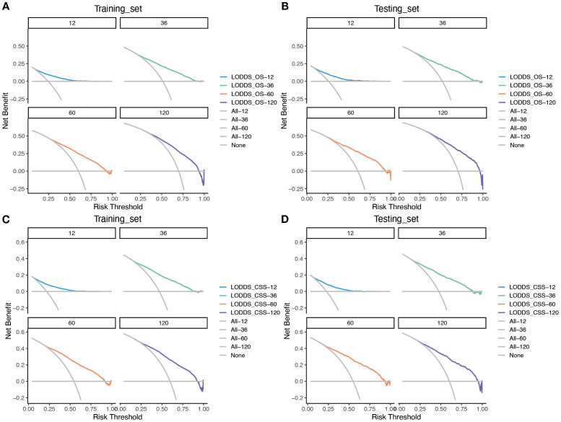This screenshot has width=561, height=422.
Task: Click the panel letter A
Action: pos(5,6)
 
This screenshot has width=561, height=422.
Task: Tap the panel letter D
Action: pos(284,219)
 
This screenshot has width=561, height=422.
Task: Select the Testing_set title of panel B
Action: pos(396,9)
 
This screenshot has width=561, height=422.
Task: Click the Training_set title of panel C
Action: pos(118,219)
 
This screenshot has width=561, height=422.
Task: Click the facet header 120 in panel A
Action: pos(164,113)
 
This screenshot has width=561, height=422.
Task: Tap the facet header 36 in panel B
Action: pos(443,23)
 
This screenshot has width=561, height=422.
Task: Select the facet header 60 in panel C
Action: pos(71,323)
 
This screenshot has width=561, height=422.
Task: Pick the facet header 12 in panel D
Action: pos(350,233)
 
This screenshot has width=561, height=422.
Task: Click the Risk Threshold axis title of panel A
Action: pos(118,206)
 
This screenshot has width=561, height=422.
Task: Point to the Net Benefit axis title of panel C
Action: pos(8,321)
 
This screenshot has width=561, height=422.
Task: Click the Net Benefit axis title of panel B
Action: pos(284,110)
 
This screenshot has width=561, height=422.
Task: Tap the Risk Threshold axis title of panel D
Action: pos(396,417)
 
